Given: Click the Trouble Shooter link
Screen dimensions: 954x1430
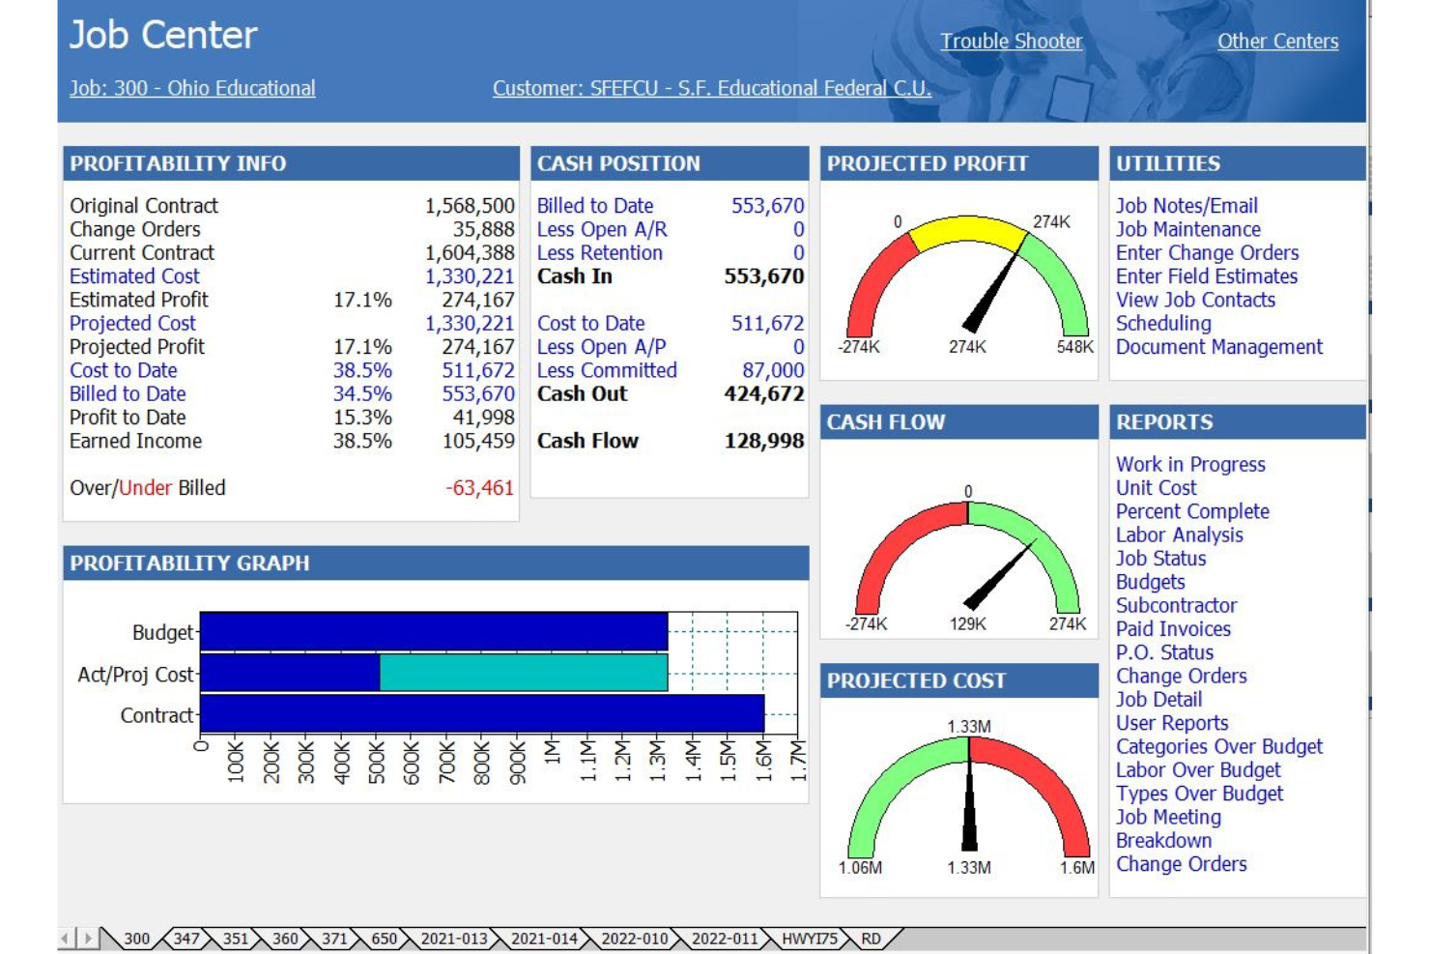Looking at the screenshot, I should [x=1011, y=42].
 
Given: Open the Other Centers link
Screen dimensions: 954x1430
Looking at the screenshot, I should [x=1277, y=42].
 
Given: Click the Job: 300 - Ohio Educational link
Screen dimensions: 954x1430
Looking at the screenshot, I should [x=192, y=88].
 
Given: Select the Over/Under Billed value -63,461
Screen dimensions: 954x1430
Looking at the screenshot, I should [x=479, y=488].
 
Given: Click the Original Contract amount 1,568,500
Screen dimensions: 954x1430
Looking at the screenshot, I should [x=470, y=206].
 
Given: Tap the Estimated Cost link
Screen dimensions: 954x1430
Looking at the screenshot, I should [x=134, y=276].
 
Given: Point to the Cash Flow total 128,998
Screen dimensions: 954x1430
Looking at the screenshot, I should [x=763, y=441].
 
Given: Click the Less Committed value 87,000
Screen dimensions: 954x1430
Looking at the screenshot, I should [x=773, y=370].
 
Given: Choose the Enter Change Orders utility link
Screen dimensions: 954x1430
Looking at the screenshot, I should [x=1207, y=253].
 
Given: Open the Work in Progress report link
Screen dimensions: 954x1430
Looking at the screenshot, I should [x=1190, y=465].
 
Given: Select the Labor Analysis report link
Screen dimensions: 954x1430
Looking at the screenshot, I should [x=1179, y=535].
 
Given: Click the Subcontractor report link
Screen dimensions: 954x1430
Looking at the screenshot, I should [x=1176, y=606].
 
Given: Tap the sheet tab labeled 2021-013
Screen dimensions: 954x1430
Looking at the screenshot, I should [x=453, y=939].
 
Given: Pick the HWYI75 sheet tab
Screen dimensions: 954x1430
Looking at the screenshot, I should [x=809, y=939].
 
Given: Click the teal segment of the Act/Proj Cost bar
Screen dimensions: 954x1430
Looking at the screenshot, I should [x=523, y=673].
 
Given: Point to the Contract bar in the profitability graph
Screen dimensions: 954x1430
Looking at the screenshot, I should [x=481, y=715].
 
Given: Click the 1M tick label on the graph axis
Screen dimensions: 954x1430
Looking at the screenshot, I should [x=552, y=754].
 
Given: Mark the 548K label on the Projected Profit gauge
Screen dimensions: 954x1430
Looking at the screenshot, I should [x=1074, y=347].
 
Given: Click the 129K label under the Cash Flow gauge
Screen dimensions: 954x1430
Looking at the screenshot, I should [x=967, y=624].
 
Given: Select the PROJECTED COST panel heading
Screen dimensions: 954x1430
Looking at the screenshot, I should [x=916, y=680].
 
